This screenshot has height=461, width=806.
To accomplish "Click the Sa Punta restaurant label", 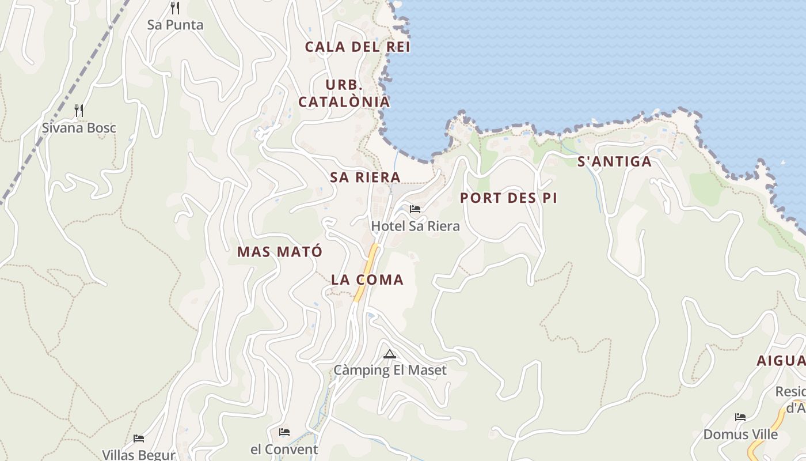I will (175, 25).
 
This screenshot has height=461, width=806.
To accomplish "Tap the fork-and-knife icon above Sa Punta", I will (175, 8).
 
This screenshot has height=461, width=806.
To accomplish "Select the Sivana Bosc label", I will (79, 127).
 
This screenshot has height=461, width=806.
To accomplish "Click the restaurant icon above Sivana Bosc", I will (79, 110).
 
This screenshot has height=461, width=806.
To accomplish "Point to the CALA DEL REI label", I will (358, 47).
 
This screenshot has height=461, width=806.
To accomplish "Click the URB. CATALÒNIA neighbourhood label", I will (344, 93).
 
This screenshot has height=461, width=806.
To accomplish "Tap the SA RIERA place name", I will (365, 177).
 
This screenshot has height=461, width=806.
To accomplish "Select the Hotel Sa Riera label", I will (415, 226).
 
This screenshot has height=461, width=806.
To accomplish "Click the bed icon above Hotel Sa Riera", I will (415, 209).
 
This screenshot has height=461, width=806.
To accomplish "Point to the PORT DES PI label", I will (508, 198).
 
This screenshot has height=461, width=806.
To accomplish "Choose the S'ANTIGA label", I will (614, 161).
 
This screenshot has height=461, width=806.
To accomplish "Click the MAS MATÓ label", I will (280, 251).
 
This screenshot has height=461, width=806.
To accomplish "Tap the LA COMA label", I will (367, 279).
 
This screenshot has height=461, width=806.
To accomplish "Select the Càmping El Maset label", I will (390, 370).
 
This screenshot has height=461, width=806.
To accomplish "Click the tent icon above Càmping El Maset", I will (390, 354).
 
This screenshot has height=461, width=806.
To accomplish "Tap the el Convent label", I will (284, 449).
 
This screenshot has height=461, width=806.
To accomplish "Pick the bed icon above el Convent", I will (284, 432).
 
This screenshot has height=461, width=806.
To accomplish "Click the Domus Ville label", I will (740, 434).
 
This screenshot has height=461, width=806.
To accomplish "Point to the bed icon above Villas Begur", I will (139, 439).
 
